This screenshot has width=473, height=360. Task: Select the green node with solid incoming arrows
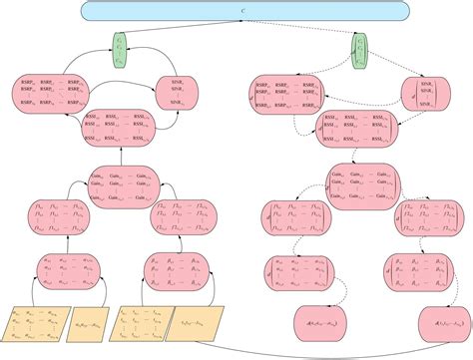tap(121, 50)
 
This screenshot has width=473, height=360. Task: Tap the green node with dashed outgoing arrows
tap(361, 46)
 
